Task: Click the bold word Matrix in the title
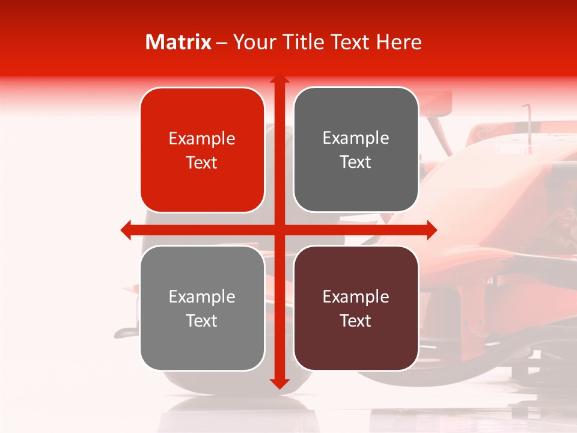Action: click(179, 42)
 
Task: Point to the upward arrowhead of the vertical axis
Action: click(279, 80)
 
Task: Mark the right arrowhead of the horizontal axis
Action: click(431, 230)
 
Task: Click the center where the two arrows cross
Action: click(279, 230)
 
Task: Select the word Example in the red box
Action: click(202, 139)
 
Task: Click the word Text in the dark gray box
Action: click(355, 162)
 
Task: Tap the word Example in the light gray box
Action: click(202, 297)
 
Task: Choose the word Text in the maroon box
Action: click(355, 321)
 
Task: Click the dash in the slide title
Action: click(222, 43)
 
